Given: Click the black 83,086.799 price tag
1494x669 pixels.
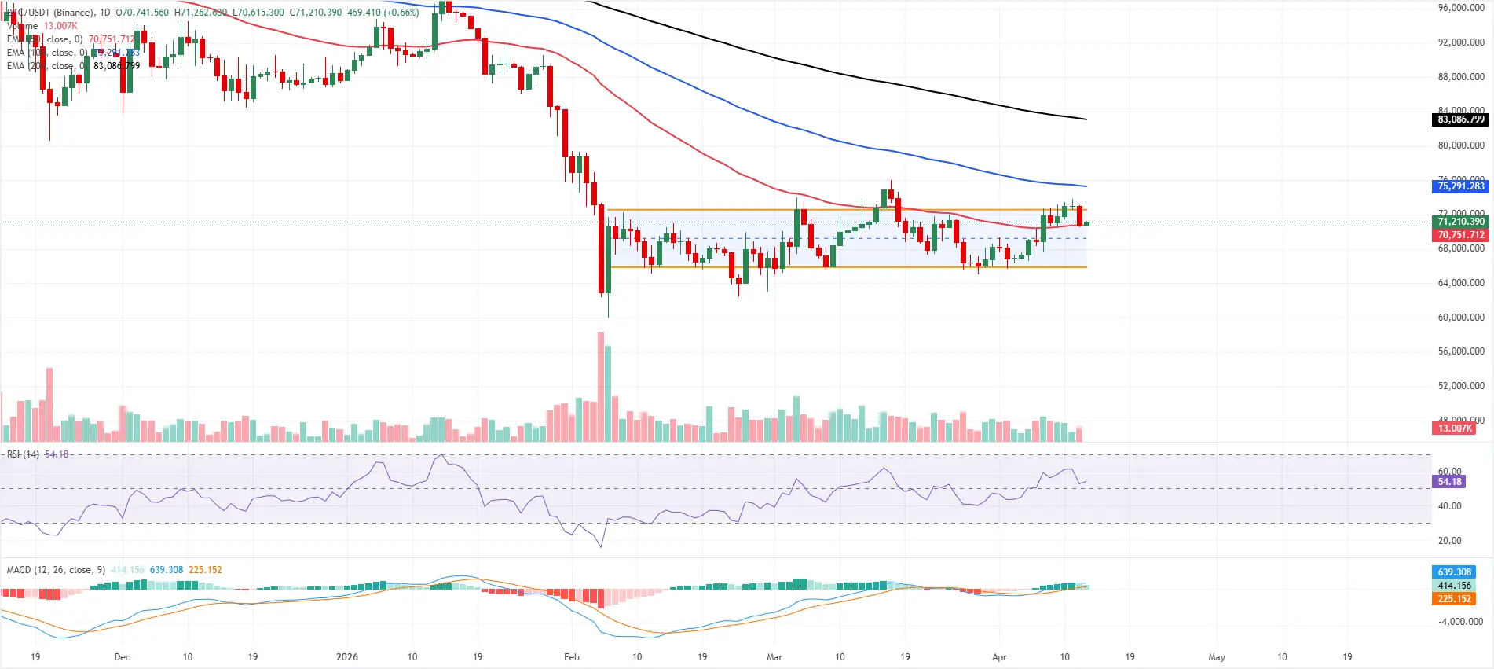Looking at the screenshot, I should tap(1460, 119).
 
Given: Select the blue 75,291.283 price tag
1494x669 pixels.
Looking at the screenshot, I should tap(1460, 186).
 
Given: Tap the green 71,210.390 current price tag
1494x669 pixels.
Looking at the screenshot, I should tap(1460, 222).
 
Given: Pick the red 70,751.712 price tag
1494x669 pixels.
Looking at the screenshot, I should tap(1460, 235).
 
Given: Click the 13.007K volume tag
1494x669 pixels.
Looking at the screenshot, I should tap(1454, 428).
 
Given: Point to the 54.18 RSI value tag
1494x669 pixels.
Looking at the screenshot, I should tap(1449, 482).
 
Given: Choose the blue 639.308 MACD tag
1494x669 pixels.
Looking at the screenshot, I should tap(1454, 572).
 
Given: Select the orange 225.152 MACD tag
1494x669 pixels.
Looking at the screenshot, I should tap(1454, 599).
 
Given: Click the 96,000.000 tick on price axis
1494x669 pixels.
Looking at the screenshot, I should tap(1460, 8).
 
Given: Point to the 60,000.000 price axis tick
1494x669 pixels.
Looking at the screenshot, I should tap(1460, 318).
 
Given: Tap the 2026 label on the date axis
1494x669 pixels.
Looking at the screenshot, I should tap(346, 657).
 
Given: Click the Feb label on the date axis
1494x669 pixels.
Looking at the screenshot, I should tap(571, 657).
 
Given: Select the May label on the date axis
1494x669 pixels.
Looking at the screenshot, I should tap(1216, 657).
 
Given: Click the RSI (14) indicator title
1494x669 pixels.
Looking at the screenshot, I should tap(23, 454).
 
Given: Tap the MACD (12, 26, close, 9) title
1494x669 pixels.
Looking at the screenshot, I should tap(56, 570).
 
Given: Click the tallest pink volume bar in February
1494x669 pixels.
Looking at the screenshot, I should tap(601, 385).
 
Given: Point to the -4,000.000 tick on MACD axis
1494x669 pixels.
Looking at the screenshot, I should tap(1460, 622).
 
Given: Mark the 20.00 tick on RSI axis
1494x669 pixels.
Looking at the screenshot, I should tap(1449, 541).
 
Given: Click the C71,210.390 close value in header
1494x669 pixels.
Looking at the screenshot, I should tap(316, 13).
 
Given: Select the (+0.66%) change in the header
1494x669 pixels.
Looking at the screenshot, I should tap(401, 13).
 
